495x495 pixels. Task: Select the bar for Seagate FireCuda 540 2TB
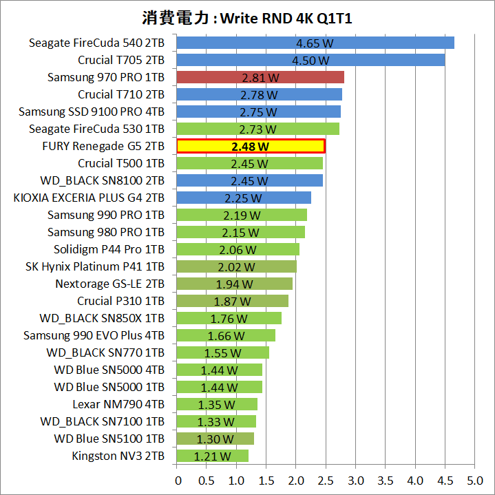pyautogui.click(x=315, y=43)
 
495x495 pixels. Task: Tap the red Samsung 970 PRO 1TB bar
pyautogui.click(x=260, y=77)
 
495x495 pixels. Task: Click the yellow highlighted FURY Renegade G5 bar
pyautogui.click(x=251, y=146)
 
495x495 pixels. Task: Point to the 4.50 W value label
pyautogui.click(x=310, y=60)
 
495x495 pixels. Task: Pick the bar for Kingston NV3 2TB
pyautogui.click(x=212, y=456)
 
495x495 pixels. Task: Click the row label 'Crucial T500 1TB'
pyautogui.click(x=121, y=163)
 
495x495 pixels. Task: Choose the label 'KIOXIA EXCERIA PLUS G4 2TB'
pyautogui.click(x=89, y=198)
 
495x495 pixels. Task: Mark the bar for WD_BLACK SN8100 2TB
pyautogui.click(x=249, y=180)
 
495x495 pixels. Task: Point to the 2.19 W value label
pyautogui.click(x=242, y=215)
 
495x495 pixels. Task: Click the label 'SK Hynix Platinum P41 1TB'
pyautogui.click(x=95, y=266)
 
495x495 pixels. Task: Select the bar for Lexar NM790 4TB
pyautogui.click(x=217, y=404)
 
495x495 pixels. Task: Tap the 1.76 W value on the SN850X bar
pyautogui.click(x=229, y=318)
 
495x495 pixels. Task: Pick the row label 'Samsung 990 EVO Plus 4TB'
pyautogui.click(x=94, y=335)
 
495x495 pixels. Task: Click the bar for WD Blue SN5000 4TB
pyautogui.click(x=220, y=370)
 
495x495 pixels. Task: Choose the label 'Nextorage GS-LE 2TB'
pyautogui.click(x=109, y=284)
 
